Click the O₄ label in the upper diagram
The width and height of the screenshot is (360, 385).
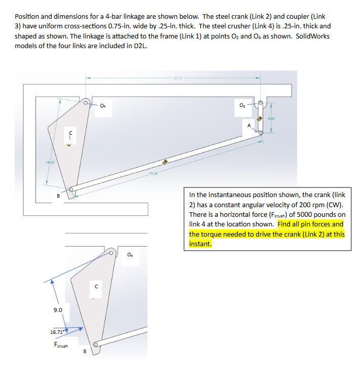point(103,106)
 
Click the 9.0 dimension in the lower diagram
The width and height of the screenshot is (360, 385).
point(58,309)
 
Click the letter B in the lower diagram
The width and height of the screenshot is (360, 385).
point(85,351)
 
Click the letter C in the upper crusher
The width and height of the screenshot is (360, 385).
point(70,133)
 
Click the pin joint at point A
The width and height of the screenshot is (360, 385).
point(260,133)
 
